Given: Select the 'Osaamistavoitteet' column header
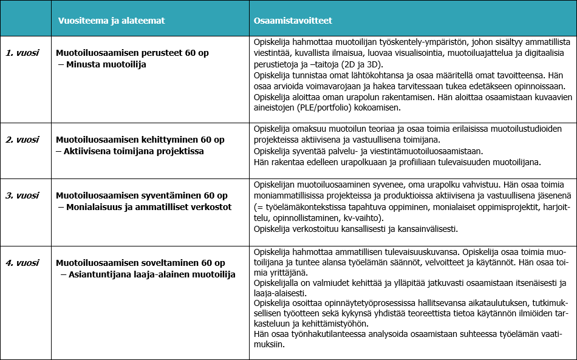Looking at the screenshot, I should click(x=293, y=21).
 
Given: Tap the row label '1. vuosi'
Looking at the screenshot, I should click(x=22, y=53).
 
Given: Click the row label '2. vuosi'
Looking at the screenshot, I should click(x=22, y=140).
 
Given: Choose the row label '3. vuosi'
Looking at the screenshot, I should click(x=22, y=195).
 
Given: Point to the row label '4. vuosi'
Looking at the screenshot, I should click(x=22, y=263).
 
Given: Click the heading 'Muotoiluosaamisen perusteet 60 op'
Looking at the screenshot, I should click(x=132, y=53).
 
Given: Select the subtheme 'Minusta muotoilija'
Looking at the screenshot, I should click(x=106, y=64).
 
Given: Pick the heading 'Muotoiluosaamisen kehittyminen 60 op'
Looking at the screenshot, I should click(x=140, y=140).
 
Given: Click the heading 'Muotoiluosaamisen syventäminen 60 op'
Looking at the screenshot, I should click(x=142, y=195).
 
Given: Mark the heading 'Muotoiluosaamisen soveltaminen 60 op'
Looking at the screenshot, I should click(x=140, y=263).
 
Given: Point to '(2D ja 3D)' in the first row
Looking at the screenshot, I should click(x=375, y=64).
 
